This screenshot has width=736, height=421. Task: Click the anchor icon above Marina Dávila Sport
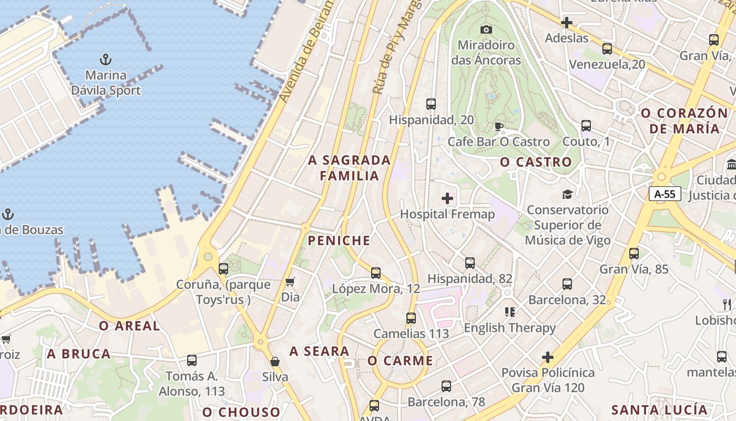click(x=106, y=58)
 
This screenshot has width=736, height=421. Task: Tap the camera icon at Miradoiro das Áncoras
click(x=486, y=29)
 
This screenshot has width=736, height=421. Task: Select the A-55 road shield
click(x=665, y=194)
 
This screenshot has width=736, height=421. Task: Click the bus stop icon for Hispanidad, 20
click(x=431, y=104)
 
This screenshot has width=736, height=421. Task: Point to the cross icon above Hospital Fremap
click(x=447, y=198)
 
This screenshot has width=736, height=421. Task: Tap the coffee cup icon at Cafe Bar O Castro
click(x=498, y=126)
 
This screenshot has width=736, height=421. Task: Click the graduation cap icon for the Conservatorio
click(x=567, y=194)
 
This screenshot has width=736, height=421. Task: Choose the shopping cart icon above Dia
click(x=290, y=282)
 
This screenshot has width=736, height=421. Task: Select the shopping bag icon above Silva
click(x=274, y=361)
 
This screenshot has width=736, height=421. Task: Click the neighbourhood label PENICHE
click(x=339, y=241)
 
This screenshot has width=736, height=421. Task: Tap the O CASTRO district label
click(x=536, y=162)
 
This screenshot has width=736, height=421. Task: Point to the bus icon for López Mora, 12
click(x=375, y=273)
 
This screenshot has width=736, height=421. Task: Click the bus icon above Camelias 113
click(x=411, y=318)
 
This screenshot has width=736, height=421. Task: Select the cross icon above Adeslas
click(x=566, y=23)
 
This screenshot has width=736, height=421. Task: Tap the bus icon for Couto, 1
click(x=586, y=126)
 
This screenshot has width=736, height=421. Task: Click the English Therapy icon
click(x=509, y=312)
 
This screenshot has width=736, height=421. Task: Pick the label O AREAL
click(x=129, y=326)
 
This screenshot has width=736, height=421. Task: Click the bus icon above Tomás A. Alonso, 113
click(x=192, y=360)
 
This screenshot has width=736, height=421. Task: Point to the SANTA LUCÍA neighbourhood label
click(x=659, y=410)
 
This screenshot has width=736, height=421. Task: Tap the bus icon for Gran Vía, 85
click(x=634, y=254)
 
